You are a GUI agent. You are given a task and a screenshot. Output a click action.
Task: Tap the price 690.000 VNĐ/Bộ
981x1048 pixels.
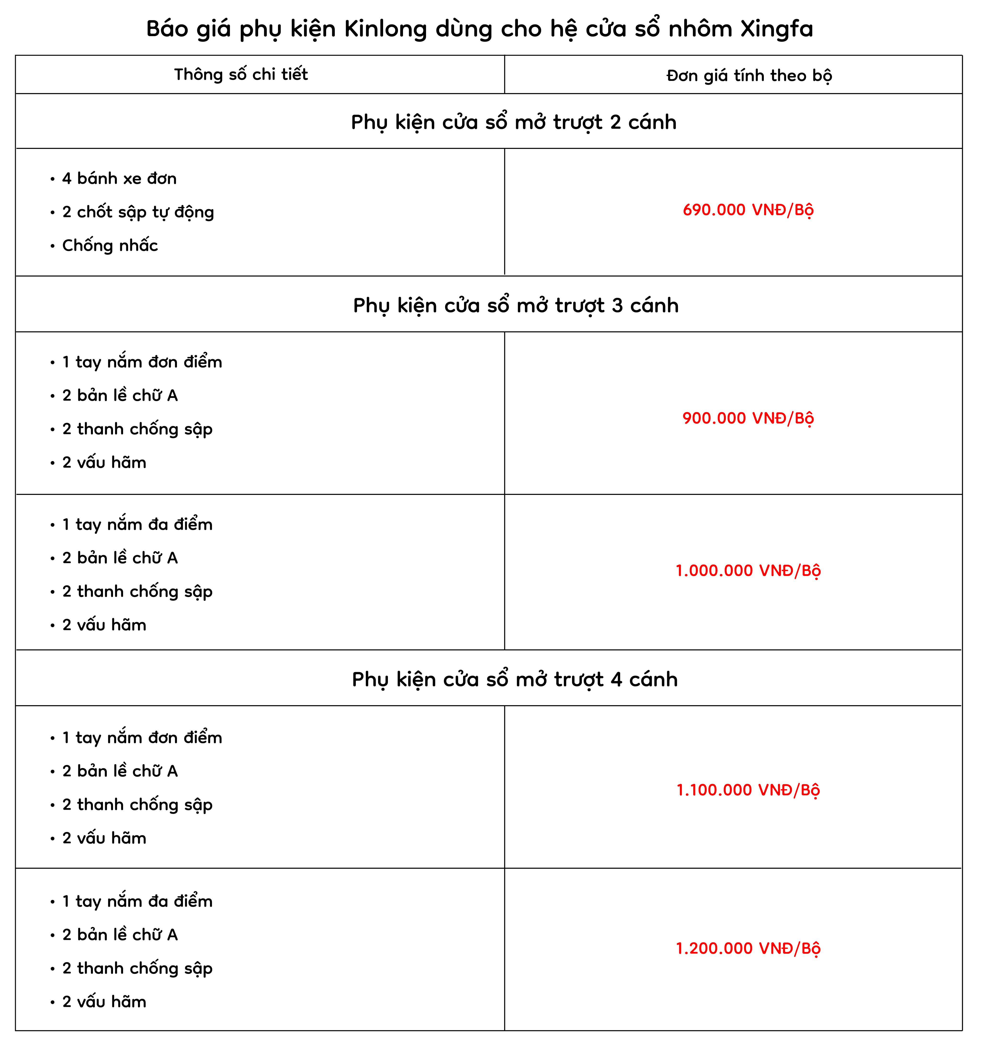748,210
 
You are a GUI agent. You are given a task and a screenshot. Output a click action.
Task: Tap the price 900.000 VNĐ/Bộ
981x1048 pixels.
748,418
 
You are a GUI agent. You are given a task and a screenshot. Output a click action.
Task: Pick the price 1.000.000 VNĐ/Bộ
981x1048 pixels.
748,570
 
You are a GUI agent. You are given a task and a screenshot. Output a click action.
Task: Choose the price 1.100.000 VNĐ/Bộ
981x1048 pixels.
748,790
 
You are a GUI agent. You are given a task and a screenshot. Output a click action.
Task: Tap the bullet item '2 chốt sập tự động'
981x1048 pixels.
138,212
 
